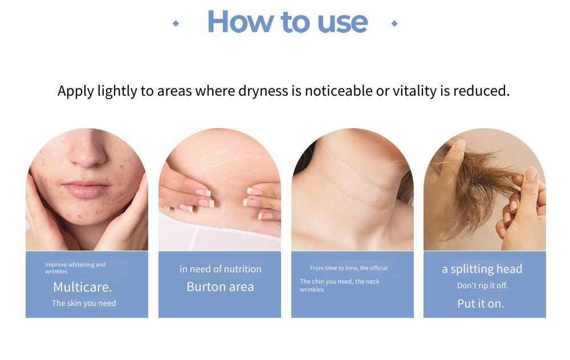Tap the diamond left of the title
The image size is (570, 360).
176,23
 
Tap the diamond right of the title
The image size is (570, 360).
394,23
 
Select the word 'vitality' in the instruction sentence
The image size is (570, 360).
414,91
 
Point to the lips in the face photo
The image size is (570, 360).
86,189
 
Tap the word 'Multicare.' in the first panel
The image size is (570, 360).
83,287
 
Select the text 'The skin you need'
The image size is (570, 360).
84,303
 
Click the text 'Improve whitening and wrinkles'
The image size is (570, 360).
75,268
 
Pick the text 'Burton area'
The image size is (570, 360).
220,287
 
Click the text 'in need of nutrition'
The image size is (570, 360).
220,269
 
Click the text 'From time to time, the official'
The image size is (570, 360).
349,268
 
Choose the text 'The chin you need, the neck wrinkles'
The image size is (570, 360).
340,285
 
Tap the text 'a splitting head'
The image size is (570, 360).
482,269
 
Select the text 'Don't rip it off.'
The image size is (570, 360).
482,285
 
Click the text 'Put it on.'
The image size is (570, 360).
481,304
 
